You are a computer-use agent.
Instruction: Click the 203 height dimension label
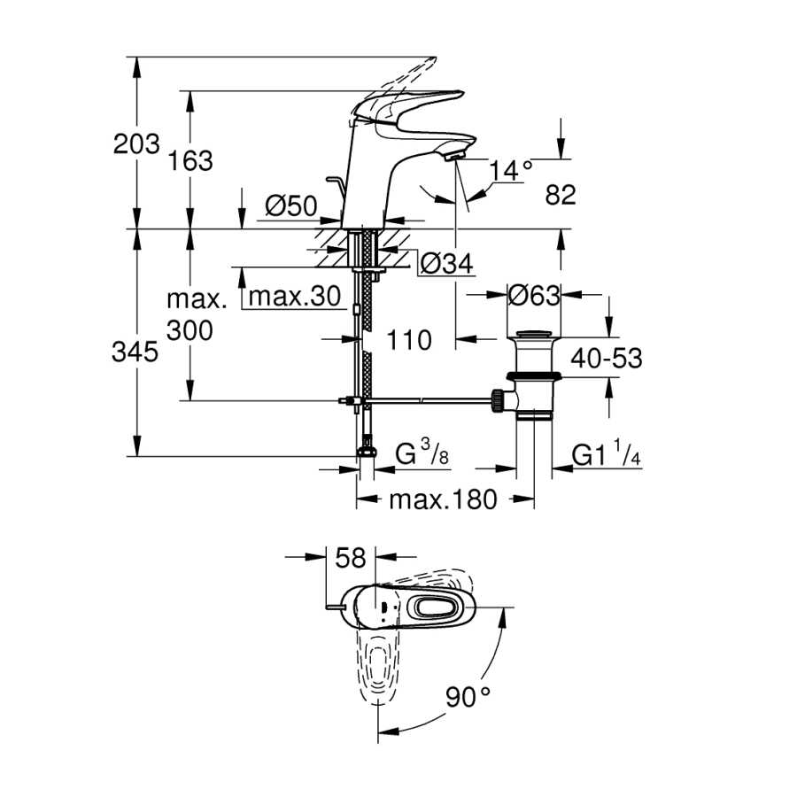[136, 143]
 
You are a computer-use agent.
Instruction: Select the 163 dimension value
[190, 161]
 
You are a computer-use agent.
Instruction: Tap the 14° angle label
[511, 170]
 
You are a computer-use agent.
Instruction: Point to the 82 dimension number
[561, 195]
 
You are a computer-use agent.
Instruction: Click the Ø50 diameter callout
[291, 206]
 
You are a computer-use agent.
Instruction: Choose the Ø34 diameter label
[447, 263]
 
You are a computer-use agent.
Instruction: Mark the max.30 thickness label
[295, 296]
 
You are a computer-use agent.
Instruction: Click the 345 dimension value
[135, 352]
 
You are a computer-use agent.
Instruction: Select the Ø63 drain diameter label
[534, 295]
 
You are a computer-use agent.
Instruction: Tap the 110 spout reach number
[409, 339]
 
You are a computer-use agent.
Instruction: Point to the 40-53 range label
[607, 359]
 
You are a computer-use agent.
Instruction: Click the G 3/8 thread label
[422, 453]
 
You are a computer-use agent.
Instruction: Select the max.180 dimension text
[443, 499]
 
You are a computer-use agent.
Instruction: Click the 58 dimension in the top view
[351, 558]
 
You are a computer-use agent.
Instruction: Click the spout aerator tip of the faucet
[454, 155]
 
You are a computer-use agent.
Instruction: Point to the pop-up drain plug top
[534, 335]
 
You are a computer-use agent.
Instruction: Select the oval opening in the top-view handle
[437, 607]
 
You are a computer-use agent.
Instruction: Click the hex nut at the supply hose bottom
[366, 451]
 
